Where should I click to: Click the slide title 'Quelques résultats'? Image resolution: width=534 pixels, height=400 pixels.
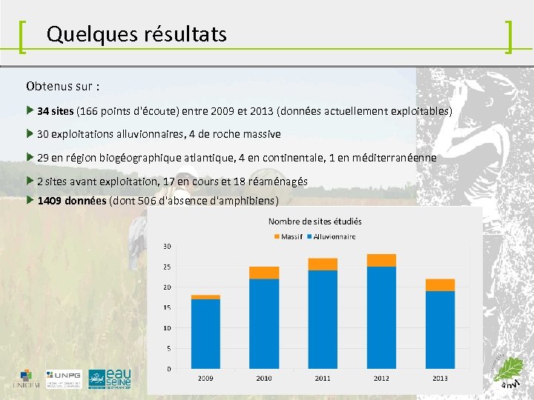tap(136, 34)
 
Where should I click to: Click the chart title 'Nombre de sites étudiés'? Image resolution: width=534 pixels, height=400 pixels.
tap(314, 221)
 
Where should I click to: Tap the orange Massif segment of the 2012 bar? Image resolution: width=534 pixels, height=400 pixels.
tap(381, 260)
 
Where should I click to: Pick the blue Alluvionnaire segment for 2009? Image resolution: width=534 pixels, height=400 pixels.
tap(205, 333)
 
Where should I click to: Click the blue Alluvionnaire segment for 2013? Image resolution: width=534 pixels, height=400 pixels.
tap(440, 330)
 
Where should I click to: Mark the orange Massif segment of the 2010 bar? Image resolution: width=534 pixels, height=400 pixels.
tap(264, 273)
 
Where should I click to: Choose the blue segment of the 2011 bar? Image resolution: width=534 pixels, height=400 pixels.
tap(323, 319)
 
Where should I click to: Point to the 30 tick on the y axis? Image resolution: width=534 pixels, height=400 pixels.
tap(167, 246)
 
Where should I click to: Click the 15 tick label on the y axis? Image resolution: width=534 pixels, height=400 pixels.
tap(167, 307)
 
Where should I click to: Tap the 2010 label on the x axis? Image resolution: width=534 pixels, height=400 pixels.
tap(264, 378)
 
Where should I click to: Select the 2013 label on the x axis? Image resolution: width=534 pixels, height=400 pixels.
tap(440, 378)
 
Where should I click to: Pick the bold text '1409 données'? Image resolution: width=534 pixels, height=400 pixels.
tap(71, 201)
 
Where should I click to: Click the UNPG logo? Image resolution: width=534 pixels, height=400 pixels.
tap(64, 379)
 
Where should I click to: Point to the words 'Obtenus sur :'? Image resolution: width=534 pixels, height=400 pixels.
tap(63, 86)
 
